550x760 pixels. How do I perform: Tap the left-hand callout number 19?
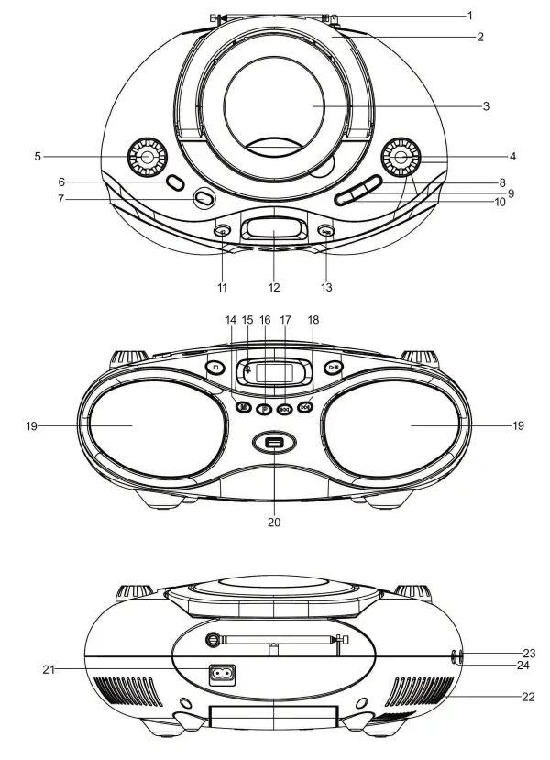pyautogui.click(x=32, y=425)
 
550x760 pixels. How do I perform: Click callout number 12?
pyautogui.click(x=273, y=287)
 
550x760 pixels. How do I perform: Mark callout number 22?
pyautogui.click(x=527, y=697)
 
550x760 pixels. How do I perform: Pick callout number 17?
pyautogui.click(x=285, y=320)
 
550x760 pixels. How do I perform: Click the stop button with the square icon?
pyautogui.click(x=215, y=367)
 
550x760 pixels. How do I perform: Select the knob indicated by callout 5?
pyautogui.click(x=147, y=157)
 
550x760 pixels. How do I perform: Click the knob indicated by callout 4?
pyautogui.click(x=401, y=158)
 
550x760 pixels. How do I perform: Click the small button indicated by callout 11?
pyautogui.click(x=221, y=231)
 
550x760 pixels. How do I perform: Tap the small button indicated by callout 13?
pyautogui.click(x=326, y=231)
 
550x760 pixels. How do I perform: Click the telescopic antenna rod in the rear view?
pyautogui.click(x=275, y=639)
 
